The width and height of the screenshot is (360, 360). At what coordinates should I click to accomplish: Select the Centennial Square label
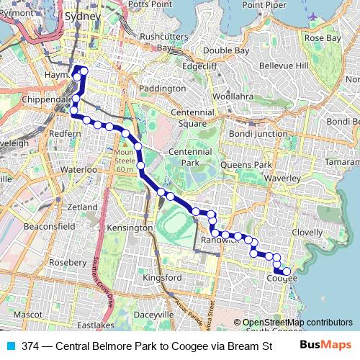pyautogui.click(x=187, y=118)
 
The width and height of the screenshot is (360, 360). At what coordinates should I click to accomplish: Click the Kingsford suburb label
pyautogui.click(x=162, y=277)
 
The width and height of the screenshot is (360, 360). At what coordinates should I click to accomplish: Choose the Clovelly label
pyautogui.click(x=307, y=233)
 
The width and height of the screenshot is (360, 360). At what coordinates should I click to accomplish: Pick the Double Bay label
pyautogui.click(x=225, y=50)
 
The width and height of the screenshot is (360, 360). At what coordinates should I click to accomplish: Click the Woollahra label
pyautogui.click(x=233, y=96)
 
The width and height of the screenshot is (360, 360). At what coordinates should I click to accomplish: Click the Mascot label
pyautogui.click(x=27, y=315)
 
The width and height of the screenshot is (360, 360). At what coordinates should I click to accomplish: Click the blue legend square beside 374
pyautogui.click(x=10, y=346)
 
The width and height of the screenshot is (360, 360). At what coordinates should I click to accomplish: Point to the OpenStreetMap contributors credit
pyautogui.click(x=297, y=323)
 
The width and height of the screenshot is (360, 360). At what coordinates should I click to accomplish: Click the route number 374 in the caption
pyautogui.click(x=30, y=346)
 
